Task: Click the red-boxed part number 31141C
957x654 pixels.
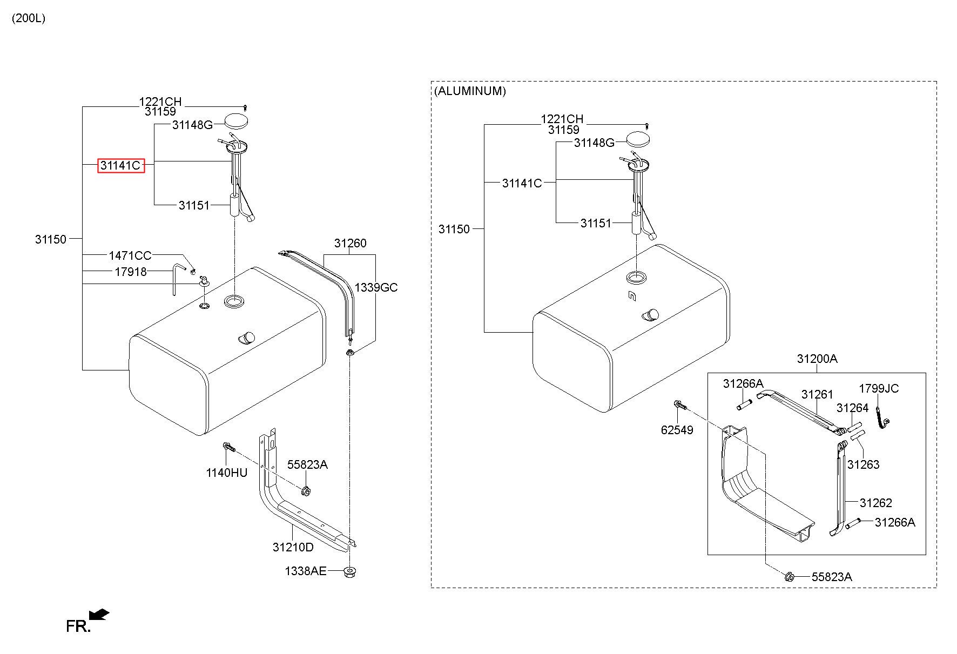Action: point(121,165)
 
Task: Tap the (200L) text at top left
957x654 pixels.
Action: point(29,18)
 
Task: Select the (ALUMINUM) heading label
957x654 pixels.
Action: point(470,91)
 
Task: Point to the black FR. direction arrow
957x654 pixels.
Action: point(99,615)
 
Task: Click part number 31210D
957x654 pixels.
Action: point(293,547)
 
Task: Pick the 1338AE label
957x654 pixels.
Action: point(306,571)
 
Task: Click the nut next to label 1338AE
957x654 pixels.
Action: point(351,571)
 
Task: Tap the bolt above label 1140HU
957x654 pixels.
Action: point(228,448)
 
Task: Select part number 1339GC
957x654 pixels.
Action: point(376,287)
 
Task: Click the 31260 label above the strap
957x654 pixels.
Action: point(350,244)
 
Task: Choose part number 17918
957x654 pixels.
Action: point(131,272)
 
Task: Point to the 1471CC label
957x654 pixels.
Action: point(130,255)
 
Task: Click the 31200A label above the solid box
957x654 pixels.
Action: point(817,359)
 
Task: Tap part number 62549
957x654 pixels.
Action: point(677,430)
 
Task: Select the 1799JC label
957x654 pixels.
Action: point(879,388)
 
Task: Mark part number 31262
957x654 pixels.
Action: point(876,503)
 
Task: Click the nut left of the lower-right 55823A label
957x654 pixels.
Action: point(788,577)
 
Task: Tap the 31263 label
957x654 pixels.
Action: point(863,464)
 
